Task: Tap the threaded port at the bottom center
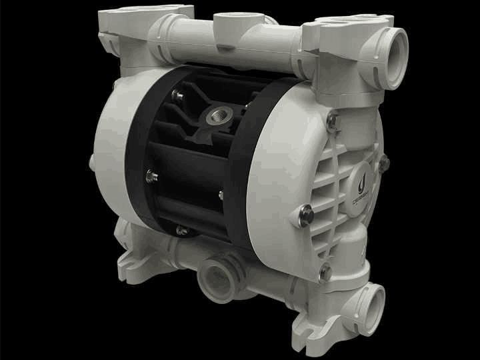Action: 217,272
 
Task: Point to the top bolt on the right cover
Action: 333,121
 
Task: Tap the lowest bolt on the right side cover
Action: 325,272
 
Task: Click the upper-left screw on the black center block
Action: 178,96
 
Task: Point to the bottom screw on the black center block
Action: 182,230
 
